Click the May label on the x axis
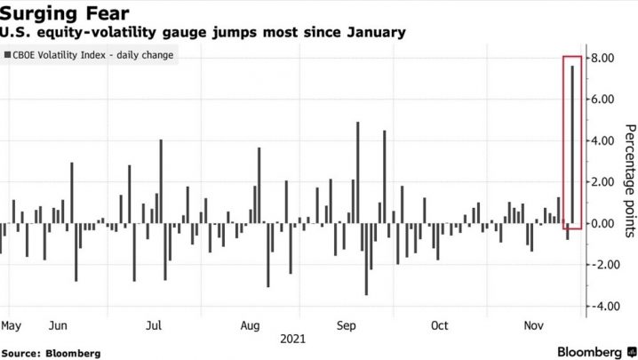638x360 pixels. click(12, 325)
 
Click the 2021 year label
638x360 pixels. click(293, 340)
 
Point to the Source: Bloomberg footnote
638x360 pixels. click(51, 353)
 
